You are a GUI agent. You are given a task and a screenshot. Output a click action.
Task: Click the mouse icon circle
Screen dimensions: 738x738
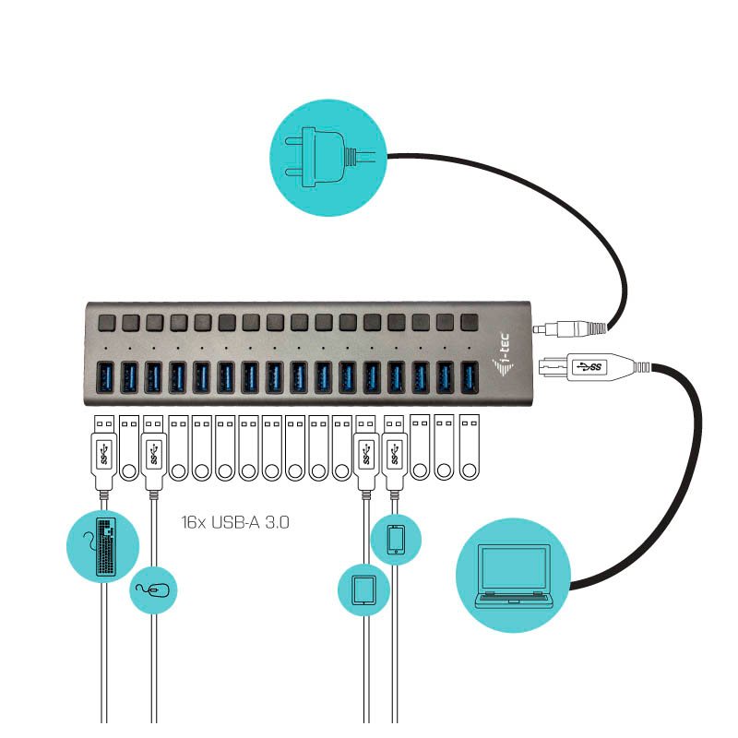coord(153,589)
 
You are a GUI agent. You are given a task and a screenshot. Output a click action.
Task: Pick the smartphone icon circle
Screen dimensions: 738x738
coord(396,539)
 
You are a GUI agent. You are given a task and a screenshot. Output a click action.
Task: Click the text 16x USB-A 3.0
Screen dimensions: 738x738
coord(236,522)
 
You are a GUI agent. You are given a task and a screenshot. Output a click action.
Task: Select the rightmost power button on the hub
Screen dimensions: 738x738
coord(470,323)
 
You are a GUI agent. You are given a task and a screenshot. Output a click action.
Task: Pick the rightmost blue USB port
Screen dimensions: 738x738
coord(470,375)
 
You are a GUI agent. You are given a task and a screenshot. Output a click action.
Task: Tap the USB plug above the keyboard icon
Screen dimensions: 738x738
coord(104,452)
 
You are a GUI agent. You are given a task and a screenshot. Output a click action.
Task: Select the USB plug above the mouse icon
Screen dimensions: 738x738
coord(153,452)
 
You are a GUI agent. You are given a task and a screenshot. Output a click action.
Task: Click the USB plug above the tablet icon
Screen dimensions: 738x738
coord(366,452)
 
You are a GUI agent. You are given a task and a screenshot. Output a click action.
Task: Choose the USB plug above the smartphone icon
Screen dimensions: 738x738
coord(395,452)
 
